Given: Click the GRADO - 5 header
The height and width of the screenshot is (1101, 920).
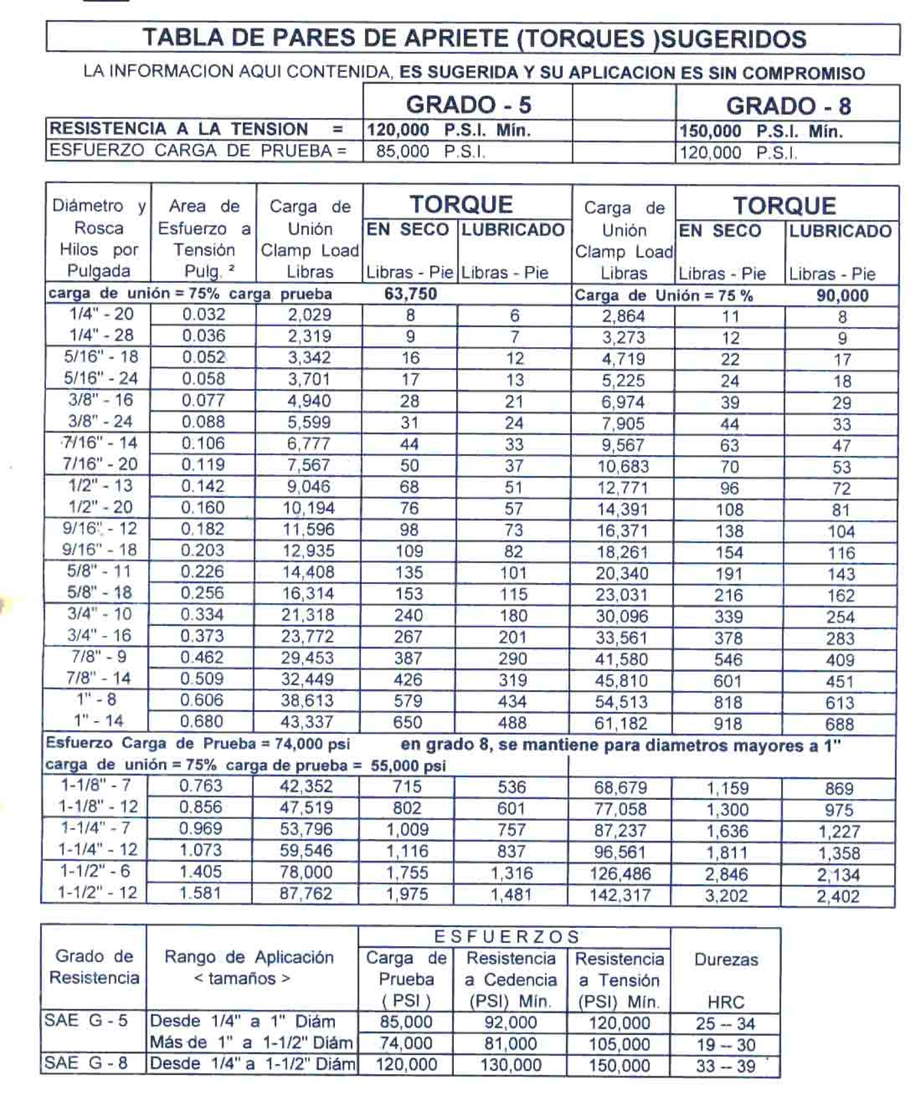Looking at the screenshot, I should tap(468, 104).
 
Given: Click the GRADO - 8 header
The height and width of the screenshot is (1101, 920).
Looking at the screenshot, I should tap(787, 106).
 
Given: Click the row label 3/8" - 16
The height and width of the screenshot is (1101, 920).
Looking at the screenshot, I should tap(100, 400).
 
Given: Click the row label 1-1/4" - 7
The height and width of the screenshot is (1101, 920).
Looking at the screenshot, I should tap(95, 828).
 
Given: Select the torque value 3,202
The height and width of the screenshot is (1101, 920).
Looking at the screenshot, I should tap(725, 896).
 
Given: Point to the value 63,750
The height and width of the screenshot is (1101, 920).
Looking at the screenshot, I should tap(410, 294).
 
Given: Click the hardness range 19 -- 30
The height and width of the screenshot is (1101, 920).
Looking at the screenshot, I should tap(724, 1044).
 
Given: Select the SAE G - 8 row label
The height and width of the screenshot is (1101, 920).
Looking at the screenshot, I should tap(86, 1063).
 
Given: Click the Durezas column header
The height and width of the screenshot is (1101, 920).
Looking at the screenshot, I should tap(725, 960).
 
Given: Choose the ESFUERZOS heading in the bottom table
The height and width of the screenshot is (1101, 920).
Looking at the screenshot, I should tap(508, 936).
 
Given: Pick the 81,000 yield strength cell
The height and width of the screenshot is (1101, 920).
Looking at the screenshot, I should tap(510, 1044).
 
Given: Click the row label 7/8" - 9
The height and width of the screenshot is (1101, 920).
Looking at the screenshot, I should tap(100, 657).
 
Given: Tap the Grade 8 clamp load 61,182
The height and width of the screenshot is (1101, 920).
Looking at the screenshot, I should tap(620, 723).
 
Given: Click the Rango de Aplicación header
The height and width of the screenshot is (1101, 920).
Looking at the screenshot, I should tap(249, 957).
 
